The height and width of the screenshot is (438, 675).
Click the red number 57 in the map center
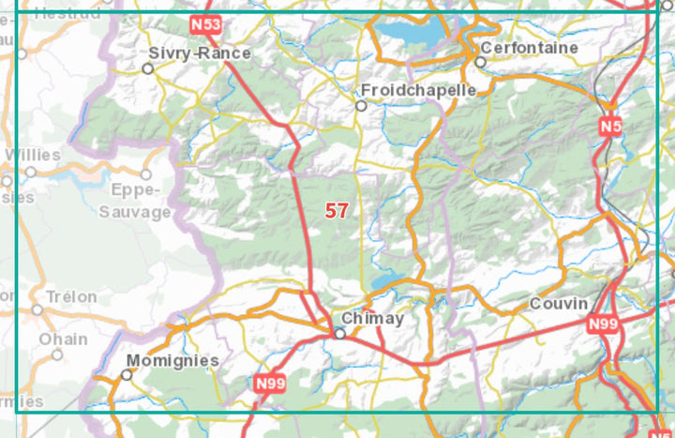tap(337, 211)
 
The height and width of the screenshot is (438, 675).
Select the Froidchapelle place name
tap(418, 90)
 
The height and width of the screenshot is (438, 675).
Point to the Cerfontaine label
tap(528, 47)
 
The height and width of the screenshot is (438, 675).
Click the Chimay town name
tap(372, 319)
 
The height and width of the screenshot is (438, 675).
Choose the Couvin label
tap(559, 304)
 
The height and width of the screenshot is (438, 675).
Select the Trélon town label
tap(72, 296)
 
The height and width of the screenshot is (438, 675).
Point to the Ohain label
tap(63, 339)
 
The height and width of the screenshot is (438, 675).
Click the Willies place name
tap(33, 155)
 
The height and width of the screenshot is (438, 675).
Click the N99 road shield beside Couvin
tap(603, 324)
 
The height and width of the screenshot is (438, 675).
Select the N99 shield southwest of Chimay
tap(269, 383)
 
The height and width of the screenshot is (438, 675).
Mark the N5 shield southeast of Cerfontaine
tap(611, 126)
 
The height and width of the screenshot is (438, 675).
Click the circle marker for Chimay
tap(340, 333)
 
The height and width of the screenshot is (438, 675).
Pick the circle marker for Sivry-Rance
tap(147, 68)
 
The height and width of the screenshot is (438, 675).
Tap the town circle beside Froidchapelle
tap(361, 106)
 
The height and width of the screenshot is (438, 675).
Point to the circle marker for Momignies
tap(127, 375)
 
